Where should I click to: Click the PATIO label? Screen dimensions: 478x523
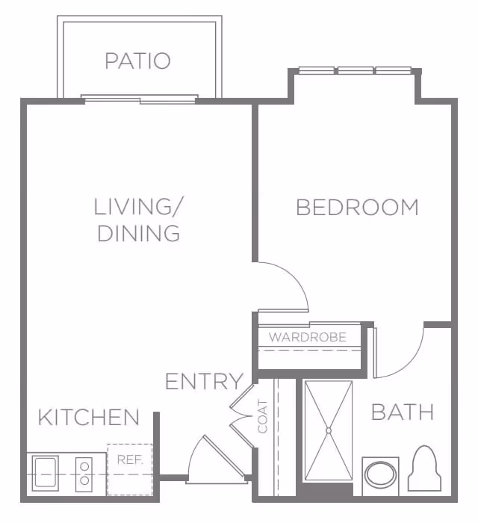[x=137, y=61]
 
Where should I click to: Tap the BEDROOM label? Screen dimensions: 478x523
[x=357, y=207]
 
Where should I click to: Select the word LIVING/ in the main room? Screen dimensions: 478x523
[x=138, y=206]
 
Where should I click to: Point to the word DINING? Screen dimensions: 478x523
[x=139, y=233]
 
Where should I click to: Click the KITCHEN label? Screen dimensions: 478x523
[x=89, y=417]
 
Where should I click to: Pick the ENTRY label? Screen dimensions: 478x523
[x=205, y=381]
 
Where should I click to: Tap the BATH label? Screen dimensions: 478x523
[x=403, y=412]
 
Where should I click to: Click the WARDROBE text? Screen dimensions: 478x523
[x=308, y=337]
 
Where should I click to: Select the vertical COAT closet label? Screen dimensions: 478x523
[x=263, y=417]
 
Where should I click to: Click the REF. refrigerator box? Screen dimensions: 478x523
[x=130, y=469]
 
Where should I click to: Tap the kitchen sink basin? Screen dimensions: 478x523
[x=46, y=473]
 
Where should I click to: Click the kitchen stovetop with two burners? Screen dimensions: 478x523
[x=84, y=474]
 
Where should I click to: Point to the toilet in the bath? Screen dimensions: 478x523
[x=424, y=468]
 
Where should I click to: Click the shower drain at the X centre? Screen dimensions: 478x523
[x=329, y=430]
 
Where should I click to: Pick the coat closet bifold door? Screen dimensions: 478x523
[x=242, y=417]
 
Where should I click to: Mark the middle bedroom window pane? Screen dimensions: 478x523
[x=356, y=70]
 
